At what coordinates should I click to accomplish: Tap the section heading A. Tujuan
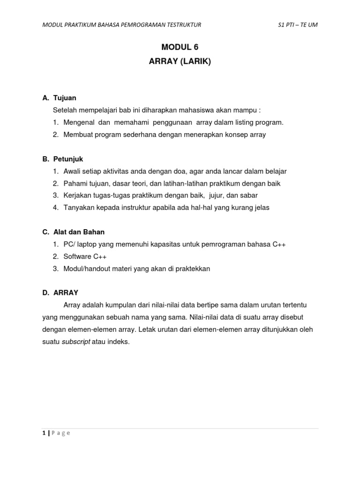click(x=60, y=98)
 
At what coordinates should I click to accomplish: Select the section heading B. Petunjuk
click(x=63, y=159)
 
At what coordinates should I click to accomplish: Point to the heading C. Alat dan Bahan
click(x=73, y=232)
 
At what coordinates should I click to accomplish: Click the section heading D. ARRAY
click(x=60, y=292)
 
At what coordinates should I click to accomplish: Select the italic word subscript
click(x=76, y=342)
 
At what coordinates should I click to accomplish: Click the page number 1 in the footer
click(x=44, y=433)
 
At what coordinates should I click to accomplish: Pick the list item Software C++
click(x=85, y=256)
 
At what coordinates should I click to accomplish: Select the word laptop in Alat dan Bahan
click(x=88, y=244)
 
